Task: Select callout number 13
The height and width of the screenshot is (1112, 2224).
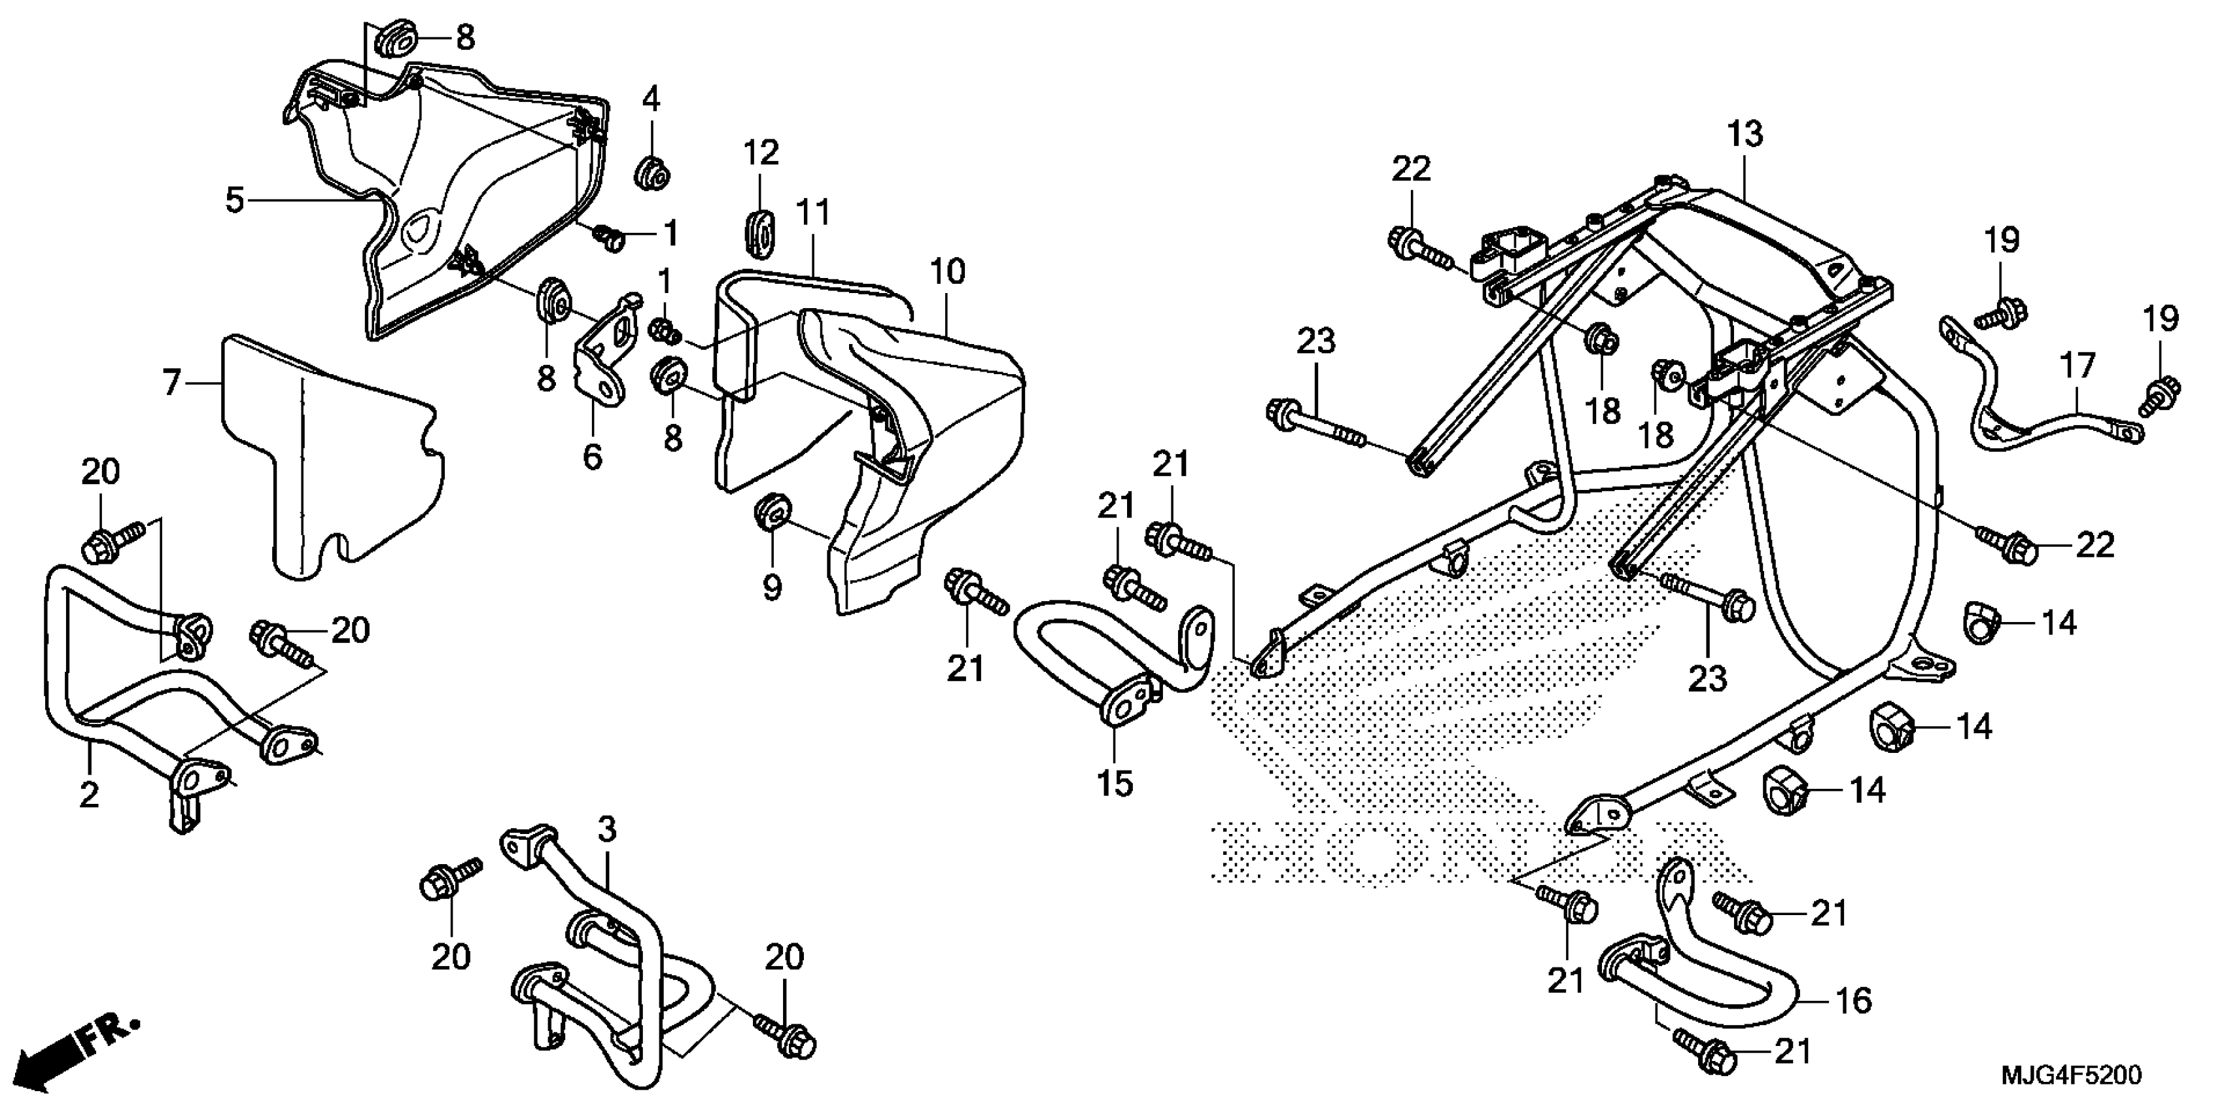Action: (x=1745, y=135)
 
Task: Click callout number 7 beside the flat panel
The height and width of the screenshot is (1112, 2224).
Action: (x=172, y=381)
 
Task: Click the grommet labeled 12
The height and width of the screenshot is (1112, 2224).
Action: (x=759, y=232)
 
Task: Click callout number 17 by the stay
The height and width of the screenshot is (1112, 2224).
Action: (x=2077, y=366)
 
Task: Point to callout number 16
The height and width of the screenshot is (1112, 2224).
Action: (x=1852, y=1001)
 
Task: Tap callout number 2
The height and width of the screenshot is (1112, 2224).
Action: (x=89, y=795)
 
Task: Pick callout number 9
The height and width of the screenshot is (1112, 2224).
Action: (x=772, y=587)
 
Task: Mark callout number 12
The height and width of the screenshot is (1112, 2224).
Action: (x=761, y=153)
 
